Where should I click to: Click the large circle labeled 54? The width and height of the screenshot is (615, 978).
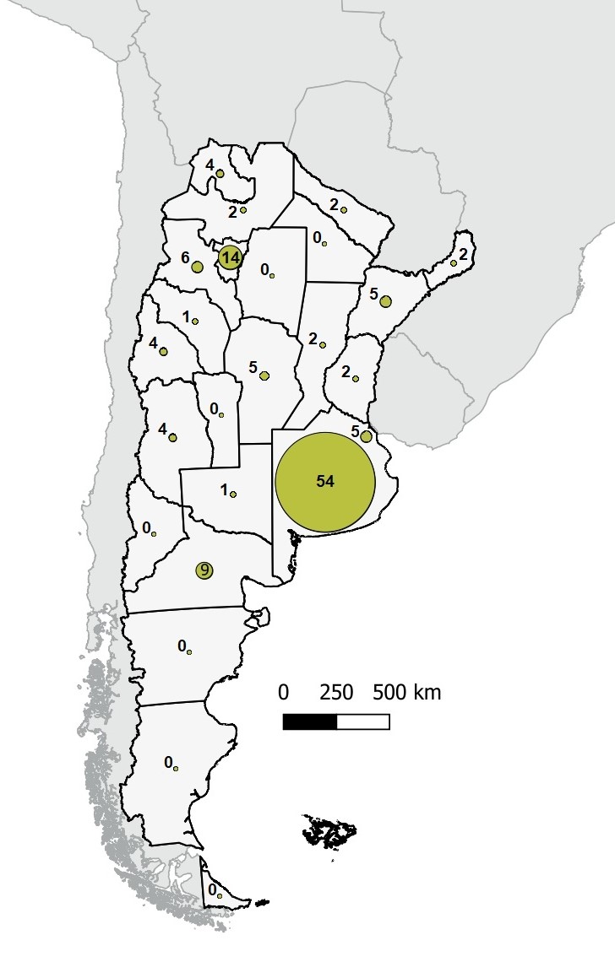tap(325, 482)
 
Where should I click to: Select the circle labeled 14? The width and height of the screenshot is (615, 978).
tap(230, 257)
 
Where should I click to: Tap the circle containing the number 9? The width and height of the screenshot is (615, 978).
tap(204, 570)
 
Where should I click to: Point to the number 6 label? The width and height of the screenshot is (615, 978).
tap(185, 259)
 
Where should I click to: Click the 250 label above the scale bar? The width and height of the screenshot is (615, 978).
tap(336, 694)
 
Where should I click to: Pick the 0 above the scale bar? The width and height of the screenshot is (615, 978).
tap(284, 694)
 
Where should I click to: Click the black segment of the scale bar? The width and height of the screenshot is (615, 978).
tap(310, 722)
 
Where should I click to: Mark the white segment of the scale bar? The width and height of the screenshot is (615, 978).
tap(363, 722)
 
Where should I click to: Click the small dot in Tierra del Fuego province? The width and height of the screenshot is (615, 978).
tap(219, 895)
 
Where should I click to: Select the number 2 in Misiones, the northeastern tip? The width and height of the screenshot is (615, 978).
tap(463, 254)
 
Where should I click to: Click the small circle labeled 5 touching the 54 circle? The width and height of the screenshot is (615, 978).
tap(366, 436)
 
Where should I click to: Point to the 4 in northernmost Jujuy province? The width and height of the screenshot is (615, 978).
tap(210, 165)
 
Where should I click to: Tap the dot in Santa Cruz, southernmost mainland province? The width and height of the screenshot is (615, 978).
tap(177, 767)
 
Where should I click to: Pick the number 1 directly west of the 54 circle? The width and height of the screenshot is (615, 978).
tap(223, 489)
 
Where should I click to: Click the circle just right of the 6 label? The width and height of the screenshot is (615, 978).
tap(197, 267)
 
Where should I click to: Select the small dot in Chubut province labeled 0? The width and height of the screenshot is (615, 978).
tap(189, 651)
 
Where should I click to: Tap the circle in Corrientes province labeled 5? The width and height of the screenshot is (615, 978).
tap(385, 301)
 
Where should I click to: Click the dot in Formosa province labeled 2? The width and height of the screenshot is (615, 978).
tap(344, 209)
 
